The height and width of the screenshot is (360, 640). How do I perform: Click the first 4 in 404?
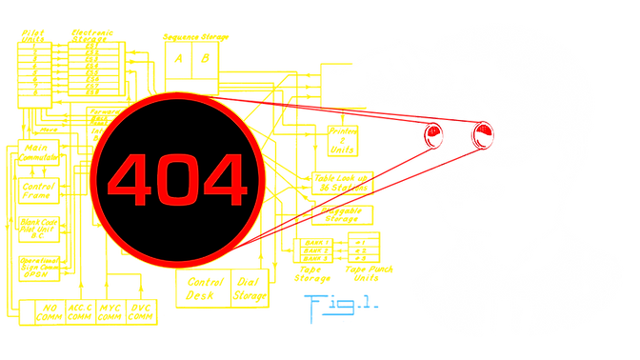(x=130, y=181)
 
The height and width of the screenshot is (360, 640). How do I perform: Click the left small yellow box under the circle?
(x=202, y=287)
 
